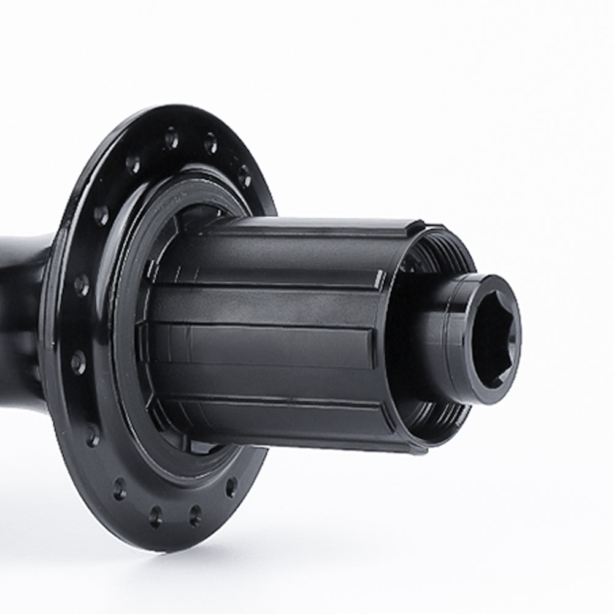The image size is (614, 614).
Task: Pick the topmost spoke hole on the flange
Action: point(171,137)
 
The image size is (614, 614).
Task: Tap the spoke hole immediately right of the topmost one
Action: point(210,144)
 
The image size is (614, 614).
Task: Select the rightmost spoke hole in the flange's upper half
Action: point(244,176)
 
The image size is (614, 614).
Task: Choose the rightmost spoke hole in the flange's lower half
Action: point(231,487)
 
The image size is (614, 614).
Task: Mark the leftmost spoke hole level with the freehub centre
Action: point(79,362)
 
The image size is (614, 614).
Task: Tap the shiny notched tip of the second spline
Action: point(380,280)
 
